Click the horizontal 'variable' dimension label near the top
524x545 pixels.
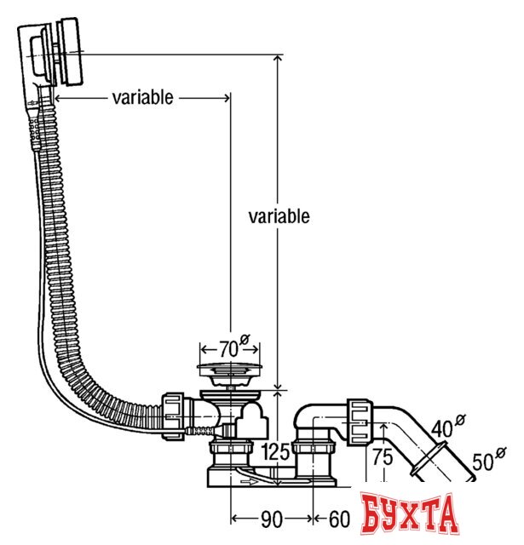(x=142, y=97)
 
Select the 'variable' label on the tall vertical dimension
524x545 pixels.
(x=279, y=216)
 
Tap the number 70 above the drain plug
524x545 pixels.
(x=227, y=349)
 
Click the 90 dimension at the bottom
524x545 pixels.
(x=272, y=519)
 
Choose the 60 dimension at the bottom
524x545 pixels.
(x=339, y=519)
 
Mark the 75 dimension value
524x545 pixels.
(x=383, y=456)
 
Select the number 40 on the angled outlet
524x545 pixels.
(x=442, y=427)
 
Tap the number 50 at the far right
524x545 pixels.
(x=484, y=463)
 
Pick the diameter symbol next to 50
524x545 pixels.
(x=503, y=452)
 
